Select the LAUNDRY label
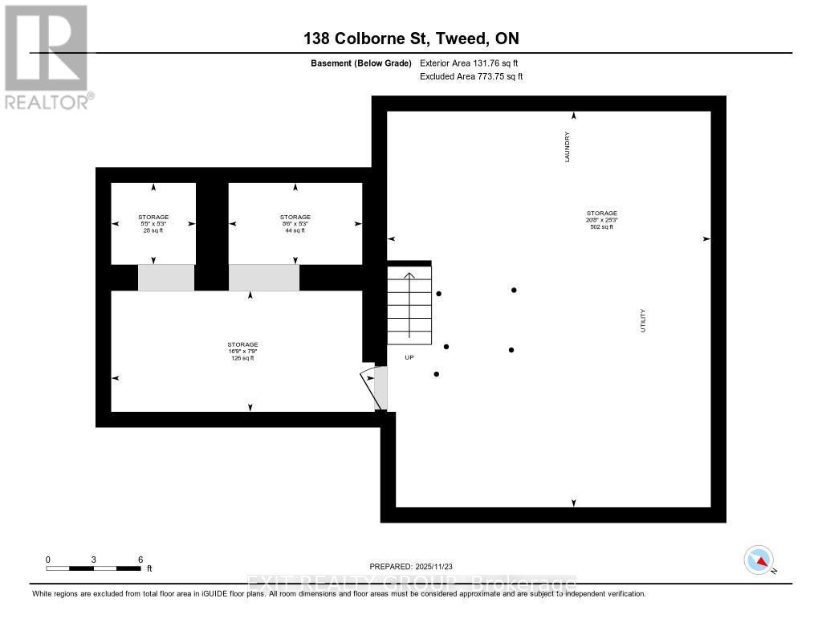coord(567,148)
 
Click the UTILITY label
coord(643,321)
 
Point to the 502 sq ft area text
coord(601,227)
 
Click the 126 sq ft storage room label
coord(242,358)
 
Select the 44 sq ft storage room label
coord(295,230)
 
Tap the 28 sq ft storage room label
coord(153,230)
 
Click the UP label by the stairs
coord(409,357)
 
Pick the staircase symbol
coord(409,305)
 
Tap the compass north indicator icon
coord(759,560)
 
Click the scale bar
coord(94,568)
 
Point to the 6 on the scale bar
coord(140,559)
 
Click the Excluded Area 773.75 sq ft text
coord(471,76)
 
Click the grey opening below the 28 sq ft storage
coord(166,277)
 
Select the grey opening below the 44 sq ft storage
coord(264,277)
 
